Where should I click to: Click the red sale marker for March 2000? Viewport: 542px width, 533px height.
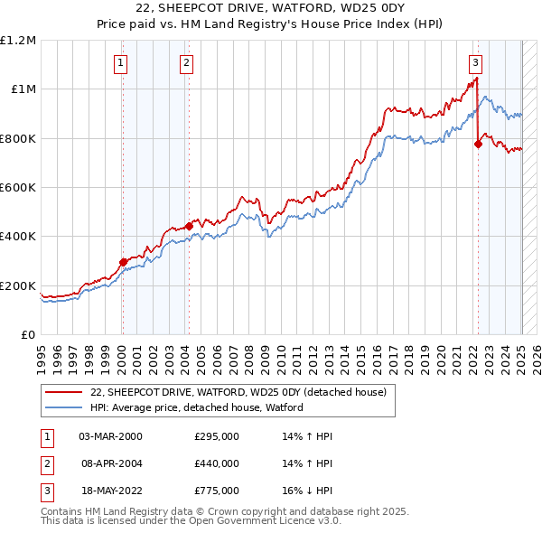tap(123, 263)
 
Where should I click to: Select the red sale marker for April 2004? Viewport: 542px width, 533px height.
tap(189, 226)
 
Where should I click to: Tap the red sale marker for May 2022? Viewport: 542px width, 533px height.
tap(478, 143)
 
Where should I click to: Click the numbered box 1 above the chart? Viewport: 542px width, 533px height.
tap(120, 62)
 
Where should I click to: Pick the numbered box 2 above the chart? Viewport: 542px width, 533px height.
tap(186, 62)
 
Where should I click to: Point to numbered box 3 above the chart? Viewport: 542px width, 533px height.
tap(475, 62)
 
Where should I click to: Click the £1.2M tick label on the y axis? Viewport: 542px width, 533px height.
tap(18, 40)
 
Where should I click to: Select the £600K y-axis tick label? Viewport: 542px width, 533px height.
tap(18, 187)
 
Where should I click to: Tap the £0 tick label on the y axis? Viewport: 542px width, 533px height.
tap(28, 334)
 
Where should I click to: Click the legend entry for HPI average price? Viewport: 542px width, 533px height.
tap(196, 407)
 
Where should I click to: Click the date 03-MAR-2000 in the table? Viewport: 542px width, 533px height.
tap(110, 436)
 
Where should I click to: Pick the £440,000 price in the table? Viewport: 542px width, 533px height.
tap(217, 463)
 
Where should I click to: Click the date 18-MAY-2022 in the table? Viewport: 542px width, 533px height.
tap(110, 491)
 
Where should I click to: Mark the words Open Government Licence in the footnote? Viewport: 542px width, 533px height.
tap(247, 520)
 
